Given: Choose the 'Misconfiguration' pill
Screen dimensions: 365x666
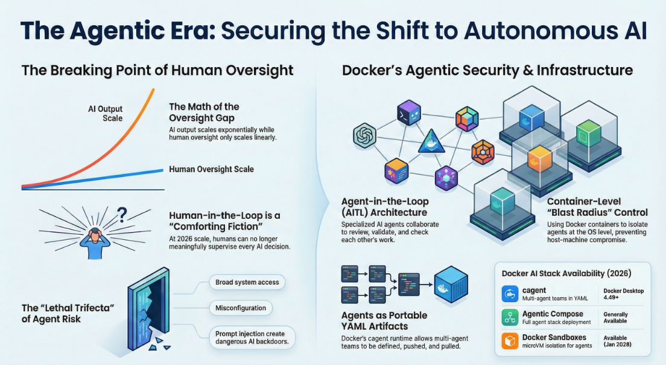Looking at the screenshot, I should coord(241,308).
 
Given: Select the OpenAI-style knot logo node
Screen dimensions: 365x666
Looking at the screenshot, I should coord(366,134).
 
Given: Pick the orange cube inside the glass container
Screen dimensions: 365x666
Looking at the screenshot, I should coord(536,158).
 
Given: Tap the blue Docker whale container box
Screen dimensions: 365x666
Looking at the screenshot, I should coord(451,283).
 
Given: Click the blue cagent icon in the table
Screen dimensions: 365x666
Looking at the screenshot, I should coord(510,294).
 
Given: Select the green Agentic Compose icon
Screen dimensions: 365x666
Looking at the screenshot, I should coord(510,318).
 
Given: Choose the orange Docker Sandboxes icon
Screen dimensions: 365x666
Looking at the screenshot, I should coord(510,341).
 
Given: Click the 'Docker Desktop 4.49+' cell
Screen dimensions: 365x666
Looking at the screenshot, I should coord(623,294).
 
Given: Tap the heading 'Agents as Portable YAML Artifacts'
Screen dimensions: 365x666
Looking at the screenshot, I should coord(384,321).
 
